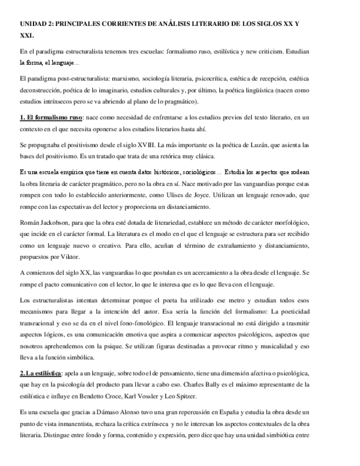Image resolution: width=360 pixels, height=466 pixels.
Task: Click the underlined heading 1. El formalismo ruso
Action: coord(51,118)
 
